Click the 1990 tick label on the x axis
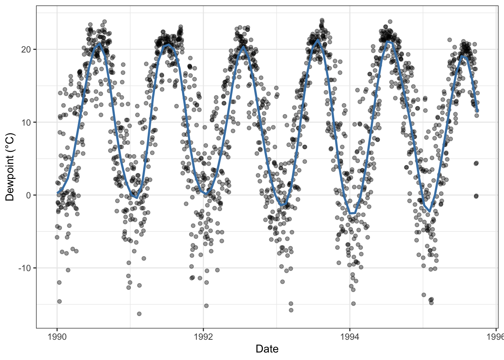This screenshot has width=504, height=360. [57, 337]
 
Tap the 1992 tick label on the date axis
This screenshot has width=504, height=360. [203, 337]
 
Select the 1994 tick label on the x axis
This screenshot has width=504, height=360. [350, 337]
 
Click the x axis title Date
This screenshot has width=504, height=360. [267, 349]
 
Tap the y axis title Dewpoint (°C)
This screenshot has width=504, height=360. [10, 167]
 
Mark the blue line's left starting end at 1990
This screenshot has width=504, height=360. [57, 193]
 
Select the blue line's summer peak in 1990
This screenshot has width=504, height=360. [99, 43]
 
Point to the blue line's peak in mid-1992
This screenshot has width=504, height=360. [243, 46]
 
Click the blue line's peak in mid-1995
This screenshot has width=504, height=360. [463, 56]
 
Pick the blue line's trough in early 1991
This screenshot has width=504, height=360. [137, 198]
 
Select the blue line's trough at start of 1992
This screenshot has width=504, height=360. [206, 194]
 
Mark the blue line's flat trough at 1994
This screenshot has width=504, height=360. [352, 213]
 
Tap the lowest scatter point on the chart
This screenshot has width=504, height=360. [139, 313]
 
